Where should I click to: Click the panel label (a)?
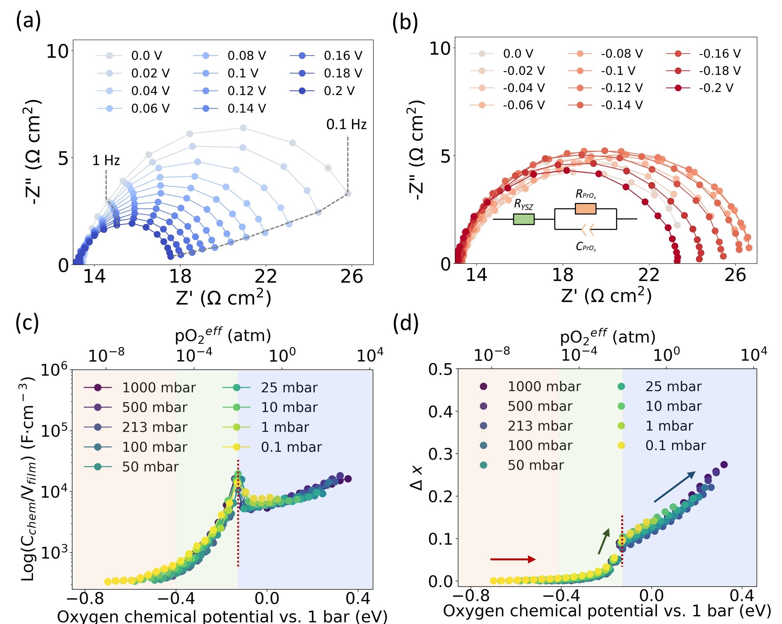click(x=28, y=21)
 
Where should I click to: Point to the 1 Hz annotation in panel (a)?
click(x=106, y=160)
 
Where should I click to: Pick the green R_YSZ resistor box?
click(x=523, y=219)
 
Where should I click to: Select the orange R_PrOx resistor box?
click(x=585, y=209)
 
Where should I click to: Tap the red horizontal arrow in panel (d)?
click(x=512, y=559)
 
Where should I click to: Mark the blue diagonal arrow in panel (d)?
click(x=675, y=486)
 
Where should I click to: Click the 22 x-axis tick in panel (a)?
click(x=266, y=277)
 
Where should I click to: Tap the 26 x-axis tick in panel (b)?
click(x=735, y=275)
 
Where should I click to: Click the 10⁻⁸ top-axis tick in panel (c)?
click(x=106, y=355)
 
